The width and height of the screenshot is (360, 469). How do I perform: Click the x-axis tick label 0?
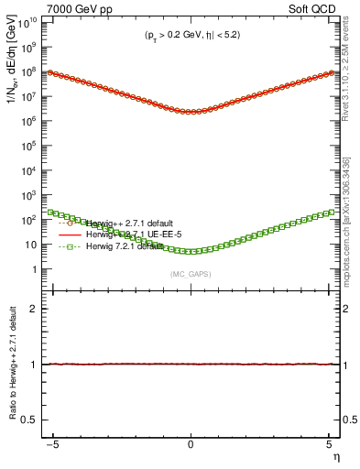[x=191, y=445]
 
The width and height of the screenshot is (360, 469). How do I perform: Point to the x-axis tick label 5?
[x=326, y=445]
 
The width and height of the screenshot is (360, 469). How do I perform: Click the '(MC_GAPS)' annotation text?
[x=191, y=274]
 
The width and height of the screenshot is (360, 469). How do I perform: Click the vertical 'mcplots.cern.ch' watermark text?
[x=348, y=220]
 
